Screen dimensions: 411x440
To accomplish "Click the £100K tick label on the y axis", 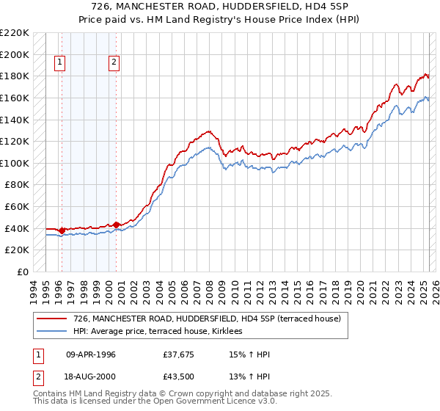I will [15, 163].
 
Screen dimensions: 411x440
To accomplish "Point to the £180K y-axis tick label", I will [15, 76].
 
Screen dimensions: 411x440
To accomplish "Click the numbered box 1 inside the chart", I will [59, 63].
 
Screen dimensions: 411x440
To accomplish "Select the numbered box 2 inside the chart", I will [114, 63].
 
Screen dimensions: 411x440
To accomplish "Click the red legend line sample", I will [51, 319].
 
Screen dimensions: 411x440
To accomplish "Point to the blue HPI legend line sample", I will [51, 332].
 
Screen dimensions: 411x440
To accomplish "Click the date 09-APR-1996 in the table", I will [91, 354].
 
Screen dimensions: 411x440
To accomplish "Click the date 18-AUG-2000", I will [91, 378].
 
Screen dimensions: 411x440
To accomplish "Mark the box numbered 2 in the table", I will [37, 378].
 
